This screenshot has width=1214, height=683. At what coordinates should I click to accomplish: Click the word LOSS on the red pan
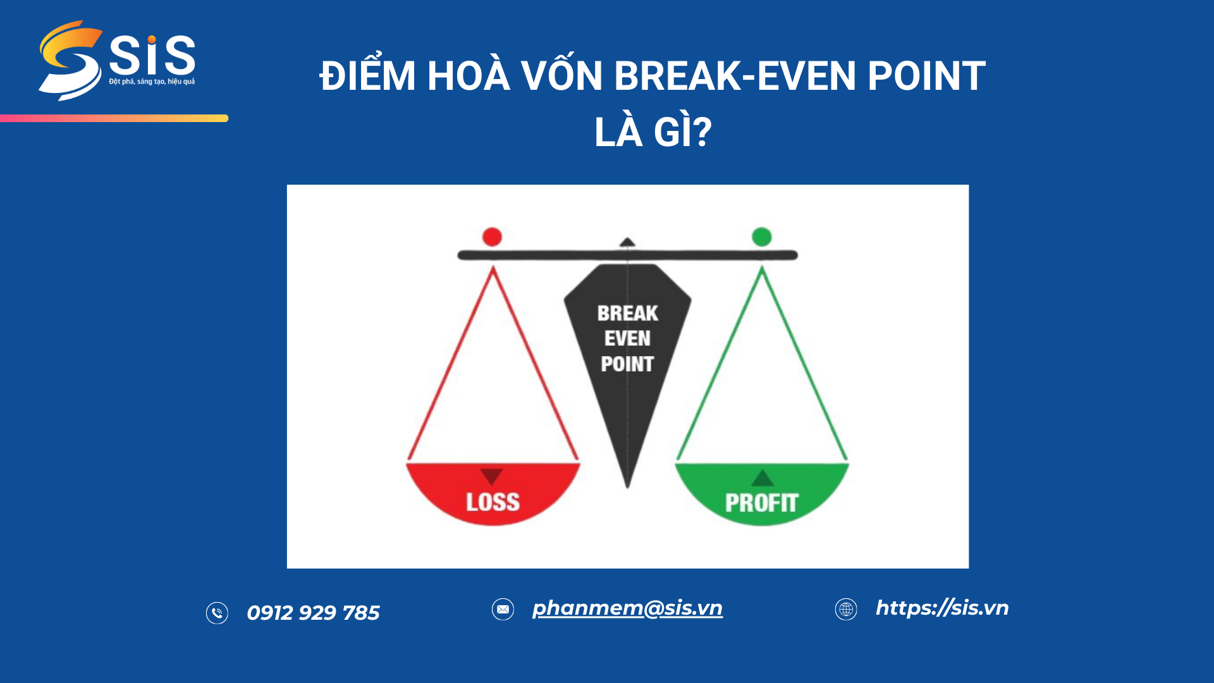pyautogui.click(x=493, y=502)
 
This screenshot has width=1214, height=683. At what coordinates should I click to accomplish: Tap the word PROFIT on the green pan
pyautogui.click(x=761, y=503)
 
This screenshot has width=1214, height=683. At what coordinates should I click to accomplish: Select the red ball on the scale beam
pyautogui.click(x=492, y=237)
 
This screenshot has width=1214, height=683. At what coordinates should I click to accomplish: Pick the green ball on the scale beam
pyautogui.click(x=762, y=237)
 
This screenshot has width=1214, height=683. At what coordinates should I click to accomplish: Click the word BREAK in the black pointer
pyautogui.click(x=627, y=314)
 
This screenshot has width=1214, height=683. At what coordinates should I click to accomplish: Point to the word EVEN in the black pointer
pyautogui.click(x=627, y=339)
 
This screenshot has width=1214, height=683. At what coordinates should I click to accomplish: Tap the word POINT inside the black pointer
pyautogui.click(x=627, y=364)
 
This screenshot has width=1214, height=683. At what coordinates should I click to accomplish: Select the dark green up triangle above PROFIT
pyautogui.click(x=763, y=478)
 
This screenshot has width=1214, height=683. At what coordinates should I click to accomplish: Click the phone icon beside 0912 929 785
pyautogui.click(x=217, y=613)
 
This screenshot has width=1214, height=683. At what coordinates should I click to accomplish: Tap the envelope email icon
pyautogui.click(x=503, y=609)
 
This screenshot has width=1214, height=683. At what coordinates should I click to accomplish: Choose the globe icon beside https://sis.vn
pyautogui.click(x=846, y=609)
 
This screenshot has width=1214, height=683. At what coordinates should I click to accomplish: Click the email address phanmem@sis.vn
pyautogui.click(x=627, y=608)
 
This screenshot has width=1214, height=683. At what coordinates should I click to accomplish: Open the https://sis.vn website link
pyautogui.click(x=942, y=608)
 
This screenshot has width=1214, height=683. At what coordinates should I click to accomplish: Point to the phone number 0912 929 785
pyautogui.click(x=313, y=613)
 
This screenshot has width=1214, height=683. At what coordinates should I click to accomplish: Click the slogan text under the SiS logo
pyautogui.click(x=152, y=82)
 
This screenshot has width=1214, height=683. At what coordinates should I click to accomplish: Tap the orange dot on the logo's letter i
pyautogui.click(x=152, y=40)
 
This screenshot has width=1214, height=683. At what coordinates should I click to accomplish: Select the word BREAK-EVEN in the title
pyautogui.click(x=735, y=77)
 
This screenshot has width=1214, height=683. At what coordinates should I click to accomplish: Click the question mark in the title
pyautogui.click(x=701, y=132)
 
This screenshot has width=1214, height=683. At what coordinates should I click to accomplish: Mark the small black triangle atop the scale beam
pyautogui.click(x=627, y=242)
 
